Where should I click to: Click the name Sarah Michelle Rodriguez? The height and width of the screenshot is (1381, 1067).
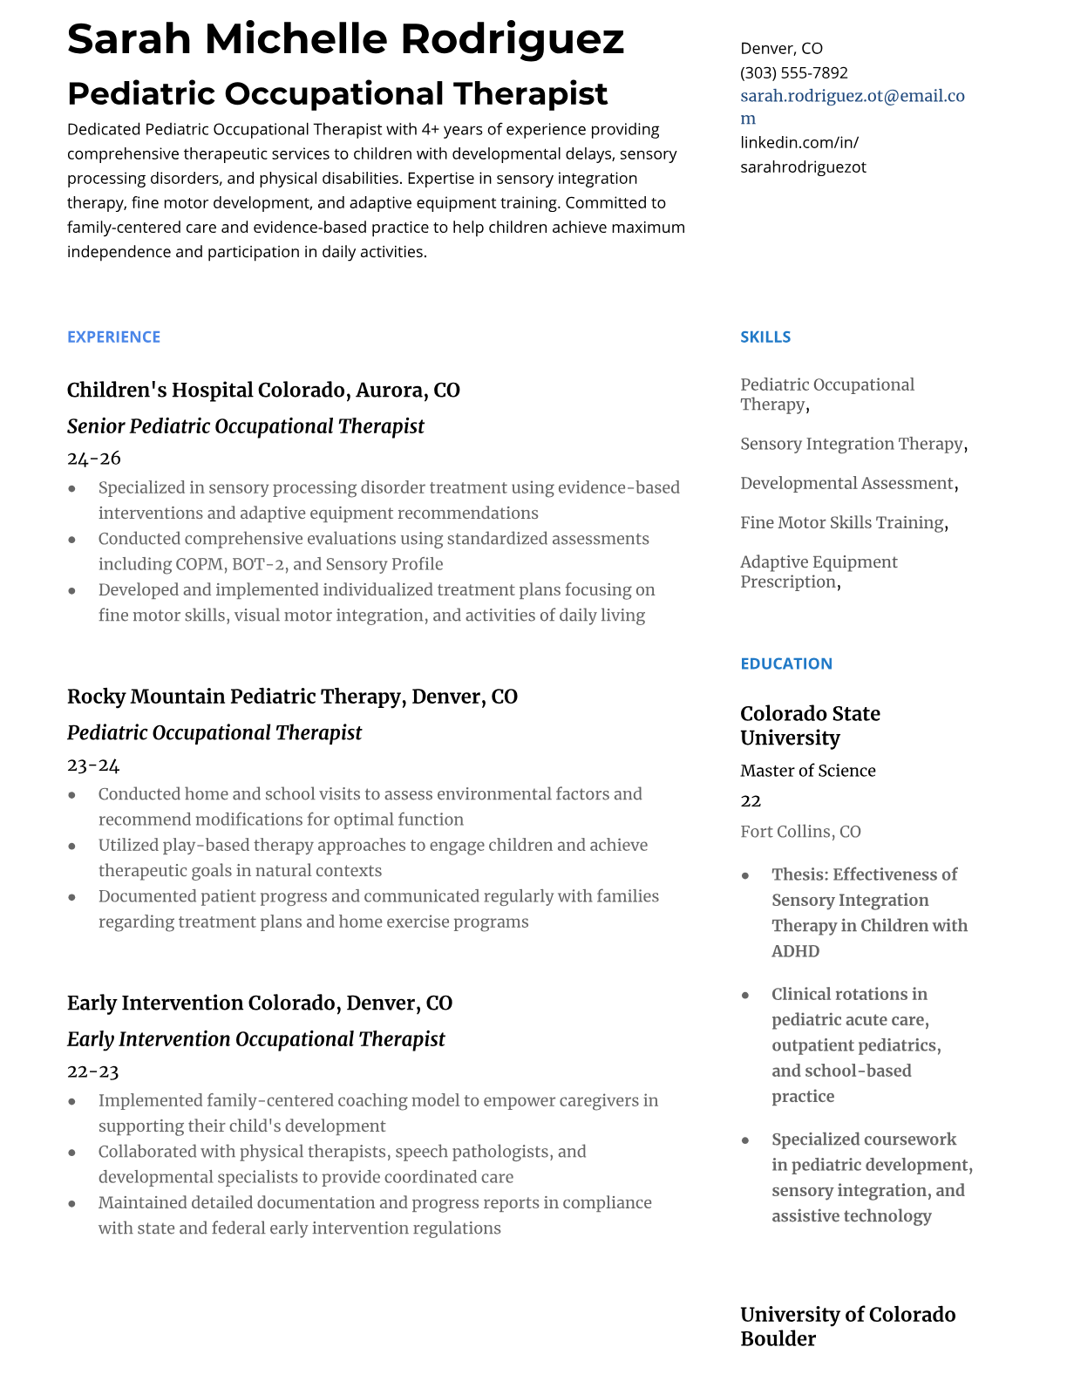pos(345,39)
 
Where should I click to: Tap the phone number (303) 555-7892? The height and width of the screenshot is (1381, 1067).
pos(793,72)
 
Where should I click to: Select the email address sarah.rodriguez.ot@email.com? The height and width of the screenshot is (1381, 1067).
pos(852,97)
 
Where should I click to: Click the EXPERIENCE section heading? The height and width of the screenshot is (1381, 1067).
pos(113,337)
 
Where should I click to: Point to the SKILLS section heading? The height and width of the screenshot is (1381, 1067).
pos(765,337)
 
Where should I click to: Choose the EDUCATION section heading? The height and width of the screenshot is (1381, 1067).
pos(785,663)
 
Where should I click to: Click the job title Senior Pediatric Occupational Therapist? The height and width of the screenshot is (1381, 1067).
pos(245,426)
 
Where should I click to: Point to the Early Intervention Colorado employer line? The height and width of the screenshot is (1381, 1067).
pos(259,1003)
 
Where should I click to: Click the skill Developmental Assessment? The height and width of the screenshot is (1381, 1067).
pos(846,484)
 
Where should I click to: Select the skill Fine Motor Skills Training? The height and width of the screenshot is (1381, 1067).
pos(842,523)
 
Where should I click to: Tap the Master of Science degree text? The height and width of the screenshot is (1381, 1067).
pos(807,771)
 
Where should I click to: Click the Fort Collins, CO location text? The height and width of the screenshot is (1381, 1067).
pos(800,832)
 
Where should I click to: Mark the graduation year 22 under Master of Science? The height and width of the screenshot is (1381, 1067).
pos(751,801)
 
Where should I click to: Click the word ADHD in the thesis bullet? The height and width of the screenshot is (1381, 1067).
pos(795,951)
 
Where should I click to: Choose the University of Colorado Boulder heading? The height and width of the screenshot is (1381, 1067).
pos(847,1326)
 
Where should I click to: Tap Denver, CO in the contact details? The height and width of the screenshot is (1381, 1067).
pos(781,49)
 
